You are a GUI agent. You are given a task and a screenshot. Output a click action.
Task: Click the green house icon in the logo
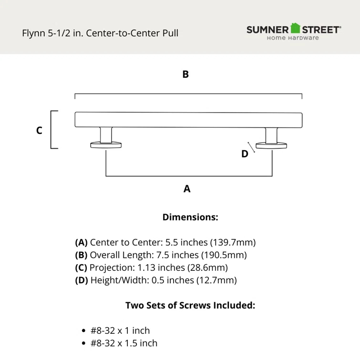tap(296, 29)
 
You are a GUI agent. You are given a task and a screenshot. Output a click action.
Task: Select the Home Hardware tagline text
tap(293, 38)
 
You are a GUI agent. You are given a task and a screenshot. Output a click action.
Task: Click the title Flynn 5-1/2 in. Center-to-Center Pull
tap(100, 33)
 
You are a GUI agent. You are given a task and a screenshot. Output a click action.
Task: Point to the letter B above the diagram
tap(185, 74)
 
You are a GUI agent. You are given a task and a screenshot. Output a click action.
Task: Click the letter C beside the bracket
tap(39, 130)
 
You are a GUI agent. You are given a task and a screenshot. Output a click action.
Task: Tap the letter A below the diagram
tap(187, 189)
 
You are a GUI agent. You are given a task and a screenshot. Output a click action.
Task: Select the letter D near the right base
tap(245, 154)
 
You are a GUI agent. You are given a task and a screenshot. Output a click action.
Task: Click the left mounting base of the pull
tap(106, 145)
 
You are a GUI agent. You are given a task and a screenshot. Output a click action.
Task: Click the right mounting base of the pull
tap(271, 145)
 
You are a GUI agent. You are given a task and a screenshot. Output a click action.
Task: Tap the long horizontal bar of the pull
tap(188, 120)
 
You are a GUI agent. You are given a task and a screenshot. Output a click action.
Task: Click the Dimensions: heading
tap(190, 217)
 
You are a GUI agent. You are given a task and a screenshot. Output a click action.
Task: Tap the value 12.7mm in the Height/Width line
tap(216, 280)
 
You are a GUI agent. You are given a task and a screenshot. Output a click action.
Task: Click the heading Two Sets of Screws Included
tap(190, 305)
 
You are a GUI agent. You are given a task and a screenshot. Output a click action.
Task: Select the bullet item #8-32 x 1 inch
tap(120, 330)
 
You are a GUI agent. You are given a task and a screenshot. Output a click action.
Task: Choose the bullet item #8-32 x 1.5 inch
tap(124, 343)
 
